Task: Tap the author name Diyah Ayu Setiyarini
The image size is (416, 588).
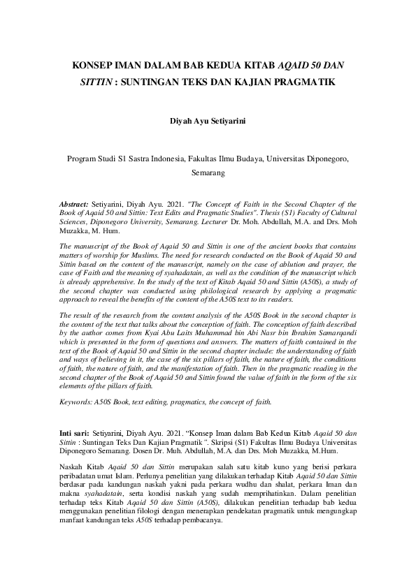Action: [x=208, y=121]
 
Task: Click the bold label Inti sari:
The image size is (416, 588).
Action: [x=74, y=434]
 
